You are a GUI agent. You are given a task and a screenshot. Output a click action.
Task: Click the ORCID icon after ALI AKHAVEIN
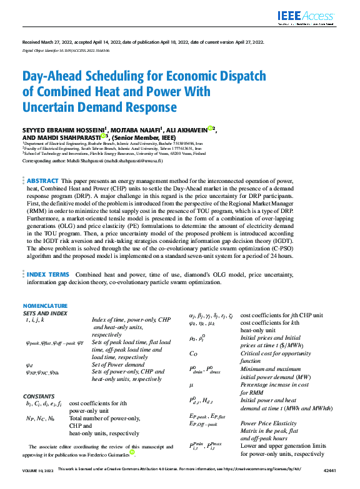[210, 128]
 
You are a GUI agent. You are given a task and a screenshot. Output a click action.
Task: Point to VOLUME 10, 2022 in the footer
[37, 485]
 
